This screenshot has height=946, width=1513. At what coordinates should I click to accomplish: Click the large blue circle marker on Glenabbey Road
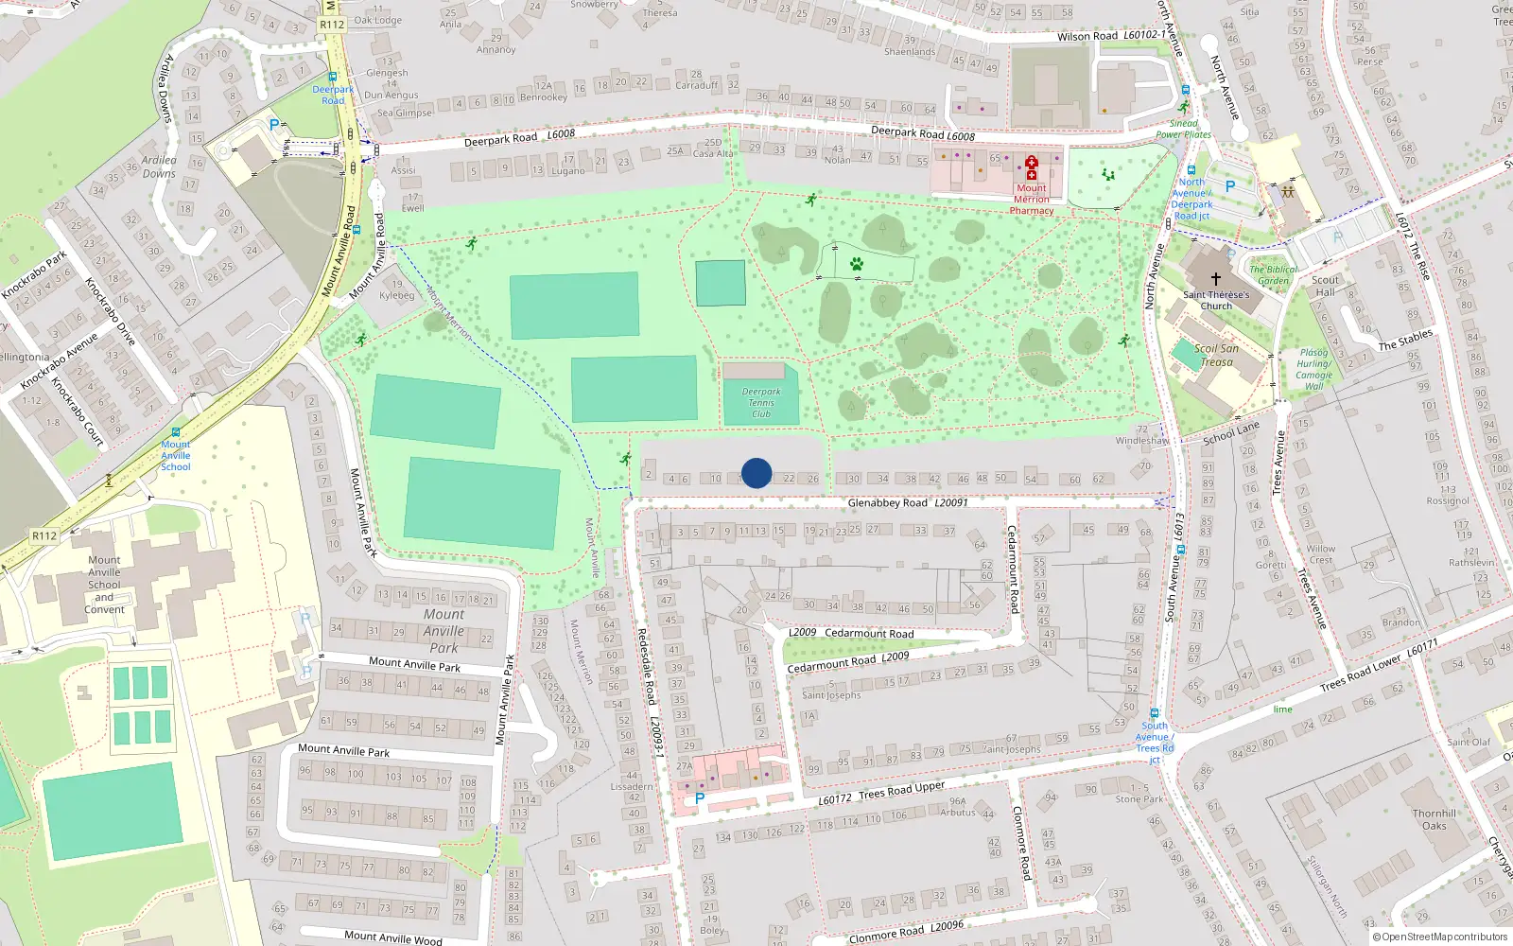pyautogui.click(x=756, y=473)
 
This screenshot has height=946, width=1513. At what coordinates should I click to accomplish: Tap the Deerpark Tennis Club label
pyautogui.click(x=761, y=402)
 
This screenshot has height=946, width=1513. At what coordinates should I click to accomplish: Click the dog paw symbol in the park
pyautogui.click(x=857, y=264)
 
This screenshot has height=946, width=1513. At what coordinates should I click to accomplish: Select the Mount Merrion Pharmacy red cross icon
pyautogui.click(x=1032, y=167)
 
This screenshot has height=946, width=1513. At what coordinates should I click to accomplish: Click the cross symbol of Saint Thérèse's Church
pyautogui.click(x=1216, y=279)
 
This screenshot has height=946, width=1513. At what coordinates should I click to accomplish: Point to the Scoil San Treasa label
pyautogui.click(x=1216, y=355)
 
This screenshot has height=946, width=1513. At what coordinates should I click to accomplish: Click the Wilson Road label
pyautogui.click(x=1087, y=36)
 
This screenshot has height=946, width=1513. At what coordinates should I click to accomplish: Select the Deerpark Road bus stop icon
pyautogui.click(x=333, y=78)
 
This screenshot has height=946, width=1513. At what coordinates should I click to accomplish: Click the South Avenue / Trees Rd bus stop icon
pyautogui.click(x=1154, y=713)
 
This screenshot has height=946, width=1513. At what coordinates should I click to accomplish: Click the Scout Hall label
pyautogui.click(x=1325, y=286)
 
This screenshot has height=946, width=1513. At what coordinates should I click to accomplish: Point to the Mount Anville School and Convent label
pyautogui.click(x=104, y=585)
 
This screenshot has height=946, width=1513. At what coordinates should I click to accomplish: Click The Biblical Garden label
pyautogui.click(x=1273, y=274)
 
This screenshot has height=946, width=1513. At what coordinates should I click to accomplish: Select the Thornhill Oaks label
pyautogui.click(x=1435, y=819)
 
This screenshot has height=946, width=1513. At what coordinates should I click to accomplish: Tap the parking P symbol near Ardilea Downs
pyautogui.click(x=274, y=124)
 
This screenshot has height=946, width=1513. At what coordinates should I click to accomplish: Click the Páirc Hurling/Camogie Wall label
pyautogui.click(x=1313, y=369)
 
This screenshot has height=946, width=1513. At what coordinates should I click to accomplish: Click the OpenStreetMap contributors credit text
pyautogui.click(x=1439, y=937)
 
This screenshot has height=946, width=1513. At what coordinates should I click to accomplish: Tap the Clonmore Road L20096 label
pyautogui.click(x=906, y=932)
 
